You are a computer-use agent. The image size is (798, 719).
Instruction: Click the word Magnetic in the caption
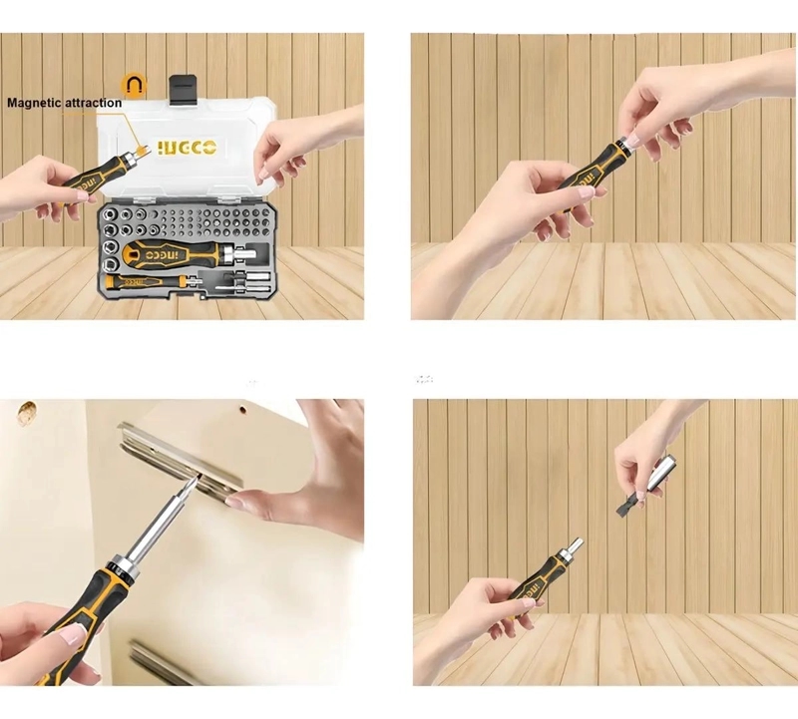35,104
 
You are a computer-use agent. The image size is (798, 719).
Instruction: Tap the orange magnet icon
134,86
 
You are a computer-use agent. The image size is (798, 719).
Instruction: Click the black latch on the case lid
184,91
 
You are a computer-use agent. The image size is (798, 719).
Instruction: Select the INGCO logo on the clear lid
187,148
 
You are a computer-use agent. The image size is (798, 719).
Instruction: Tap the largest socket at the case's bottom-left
111,264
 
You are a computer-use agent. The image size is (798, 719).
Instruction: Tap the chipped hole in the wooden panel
26,413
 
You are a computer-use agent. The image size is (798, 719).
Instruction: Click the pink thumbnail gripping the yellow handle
71,635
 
